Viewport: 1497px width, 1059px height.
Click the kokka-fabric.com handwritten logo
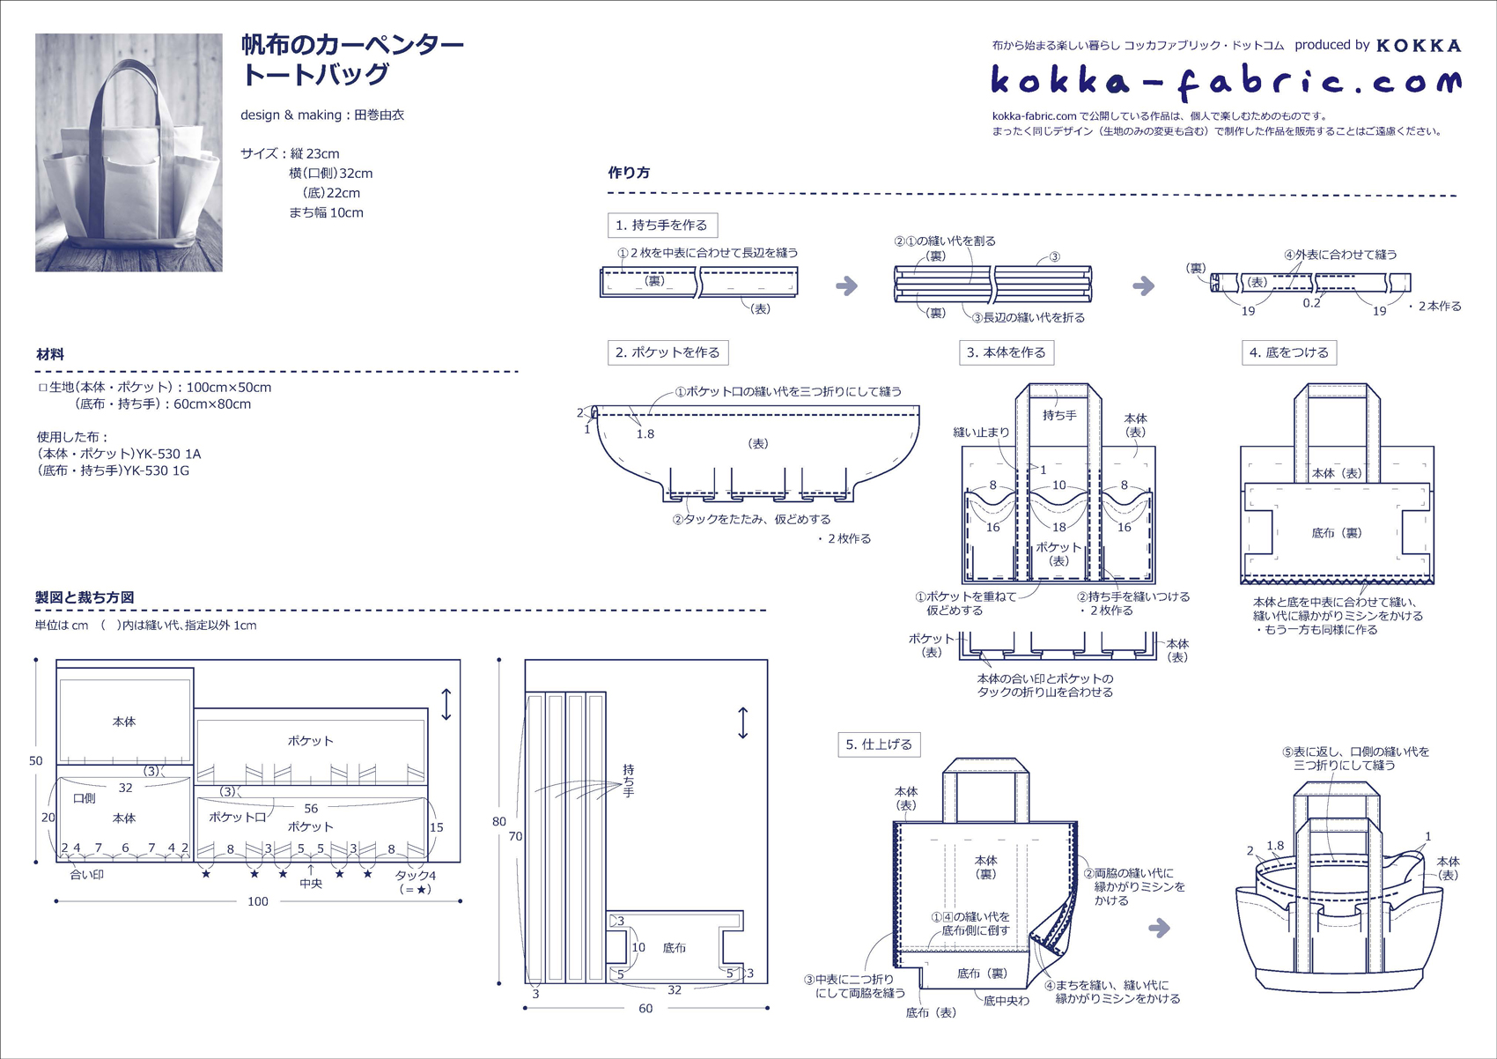click(x=1226, y=82)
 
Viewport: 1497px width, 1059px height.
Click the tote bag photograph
click(x=129, y=152)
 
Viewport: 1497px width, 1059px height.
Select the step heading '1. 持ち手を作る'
click(x=662, y=225)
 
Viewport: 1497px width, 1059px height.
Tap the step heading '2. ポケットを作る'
click(x=667, y=352)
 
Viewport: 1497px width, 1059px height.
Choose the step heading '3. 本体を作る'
click(x=1006, y=352)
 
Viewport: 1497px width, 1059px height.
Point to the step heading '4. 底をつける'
click(x=1288, y=352)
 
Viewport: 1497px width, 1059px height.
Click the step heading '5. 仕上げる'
click(x=878, y=744)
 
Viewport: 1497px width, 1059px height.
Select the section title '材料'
click(x=50, y=354)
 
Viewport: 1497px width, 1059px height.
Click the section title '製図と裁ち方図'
click(x=85, y=597)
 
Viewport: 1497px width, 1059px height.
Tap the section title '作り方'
click(x=629, y=173)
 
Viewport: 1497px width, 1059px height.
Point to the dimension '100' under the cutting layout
click(x=257, y=901)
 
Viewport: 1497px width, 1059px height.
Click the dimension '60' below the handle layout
click(x=645, y=1009)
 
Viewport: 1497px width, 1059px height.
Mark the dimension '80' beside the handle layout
click(x=499, y=821)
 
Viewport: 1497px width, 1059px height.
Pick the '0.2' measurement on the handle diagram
click(x=1312, y=303)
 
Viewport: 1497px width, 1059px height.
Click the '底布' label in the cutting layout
click(x=675, y=948)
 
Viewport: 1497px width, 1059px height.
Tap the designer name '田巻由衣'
click(x=379, y=115)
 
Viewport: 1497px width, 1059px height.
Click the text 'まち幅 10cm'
click(x=326, y=212)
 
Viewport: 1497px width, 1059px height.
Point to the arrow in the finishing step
click(x=1160, y=928)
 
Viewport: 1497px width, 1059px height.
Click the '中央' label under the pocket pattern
click(x=311, y=884)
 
